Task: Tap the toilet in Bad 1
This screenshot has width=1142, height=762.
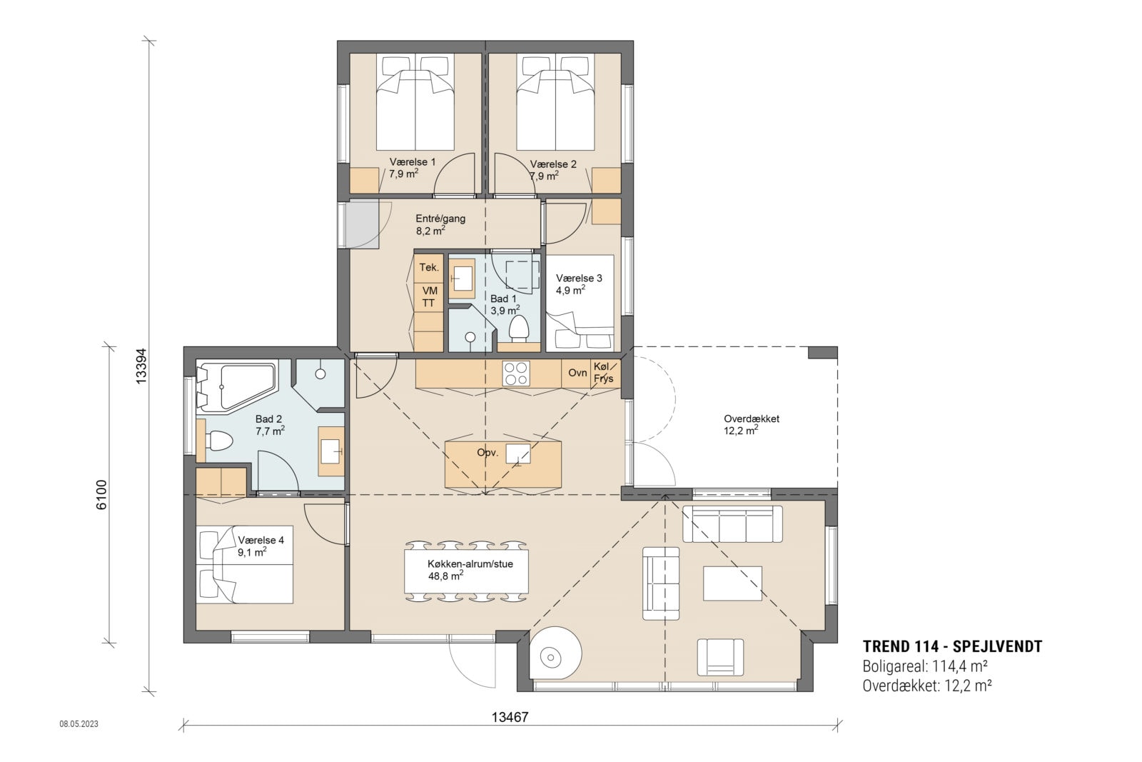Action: (518, 329)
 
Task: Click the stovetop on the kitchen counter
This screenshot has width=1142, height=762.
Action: (516, 373)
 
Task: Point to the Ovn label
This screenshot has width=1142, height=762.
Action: (577, 373)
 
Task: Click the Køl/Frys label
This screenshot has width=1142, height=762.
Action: (603, 373)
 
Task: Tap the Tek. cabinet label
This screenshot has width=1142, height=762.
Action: (429, 268)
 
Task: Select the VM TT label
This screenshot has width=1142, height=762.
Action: (429, 297)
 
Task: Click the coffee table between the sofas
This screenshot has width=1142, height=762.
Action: (732, 583)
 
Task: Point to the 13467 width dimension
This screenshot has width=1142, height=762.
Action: (510, 717)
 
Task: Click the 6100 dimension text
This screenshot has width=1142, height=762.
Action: (101, 494)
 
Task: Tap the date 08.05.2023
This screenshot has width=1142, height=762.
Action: (79, 724)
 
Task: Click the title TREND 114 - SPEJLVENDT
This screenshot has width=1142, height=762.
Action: (952, 647)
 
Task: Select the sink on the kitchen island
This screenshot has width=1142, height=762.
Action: (517, 453)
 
